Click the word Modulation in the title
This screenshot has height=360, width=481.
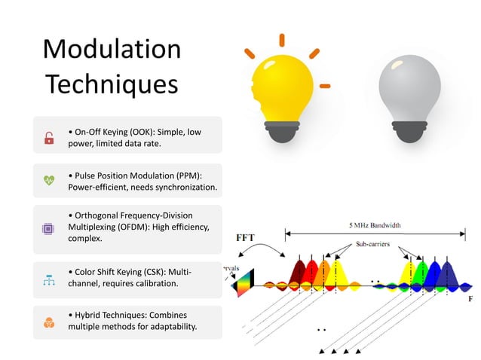pos(112,50)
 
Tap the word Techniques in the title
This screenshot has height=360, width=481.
pos(112,84)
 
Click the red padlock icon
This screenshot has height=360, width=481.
pos(49,137)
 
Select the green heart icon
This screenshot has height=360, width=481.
pos(49,180)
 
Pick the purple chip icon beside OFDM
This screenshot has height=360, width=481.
pos(49,227)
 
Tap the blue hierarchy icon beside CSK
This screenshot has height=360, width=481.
pos(49,279)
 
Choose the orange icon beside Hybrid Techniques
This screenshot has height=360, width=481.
pos(49,322)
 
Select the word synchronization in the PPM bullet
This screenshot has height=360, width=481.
pos(182,187)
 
